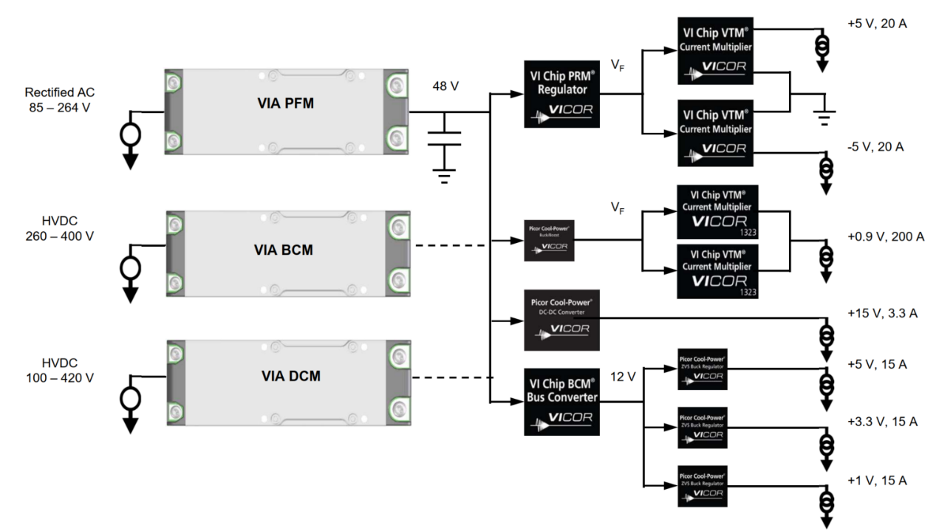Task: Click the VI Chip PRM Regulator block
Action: (561, 94)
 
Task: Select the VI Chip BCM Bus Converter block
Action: (561, 401)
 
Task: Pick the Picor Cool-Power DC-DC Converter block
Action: (561, 319)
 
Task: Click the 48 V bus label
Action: (445, 86)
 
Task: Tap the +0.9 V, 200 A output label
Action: (884, 236)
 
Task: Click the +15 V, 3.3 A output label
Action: (882, 313)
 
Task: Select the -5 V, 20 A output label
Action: (876, 146)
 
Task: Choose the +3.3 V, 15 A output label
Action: (882, 422)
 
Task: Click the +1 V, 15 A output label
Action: (877, 480)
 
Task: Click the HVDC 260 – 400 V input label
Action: (60, 229)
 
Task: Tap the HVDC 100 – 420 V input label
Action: (60, 371)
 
